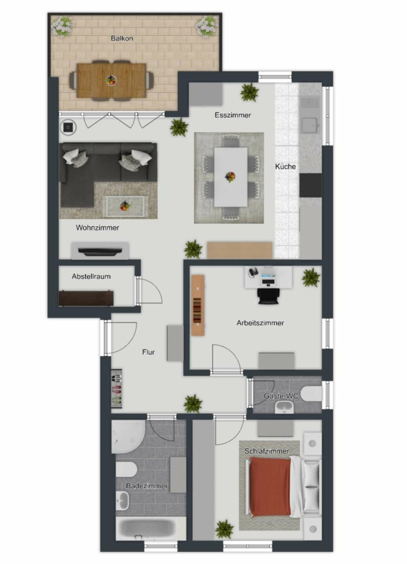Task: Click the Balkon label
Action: point(122,38)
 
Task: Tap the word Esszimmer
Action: point(233,115)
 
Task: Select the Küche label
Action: point(286,167)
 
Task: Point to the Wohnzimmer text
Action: point(98,227)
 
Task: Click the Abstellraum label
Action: point(91,276)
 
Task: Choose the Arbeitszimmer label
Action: point(260,323)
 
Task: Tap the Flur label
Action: point(148,352)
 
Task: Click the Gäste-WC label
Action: point(281,396)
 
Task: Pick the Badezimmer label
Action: point(147,486)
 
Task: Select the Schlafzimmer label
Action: point(267,451)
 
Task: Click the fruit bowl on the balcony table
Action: point(111,80)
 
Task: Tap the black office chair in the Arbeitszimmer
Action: point(268,296)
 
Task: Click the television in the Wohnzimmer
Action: point(100,251)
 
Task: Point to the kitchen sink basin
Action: point(309,125)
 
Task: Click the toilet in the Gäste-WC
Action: point(311,394)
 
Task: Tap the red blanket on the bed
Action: point(270,486)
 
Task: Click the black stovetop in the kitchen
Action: point(311,185)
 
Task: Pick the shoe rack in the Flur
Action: point(116,389)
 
